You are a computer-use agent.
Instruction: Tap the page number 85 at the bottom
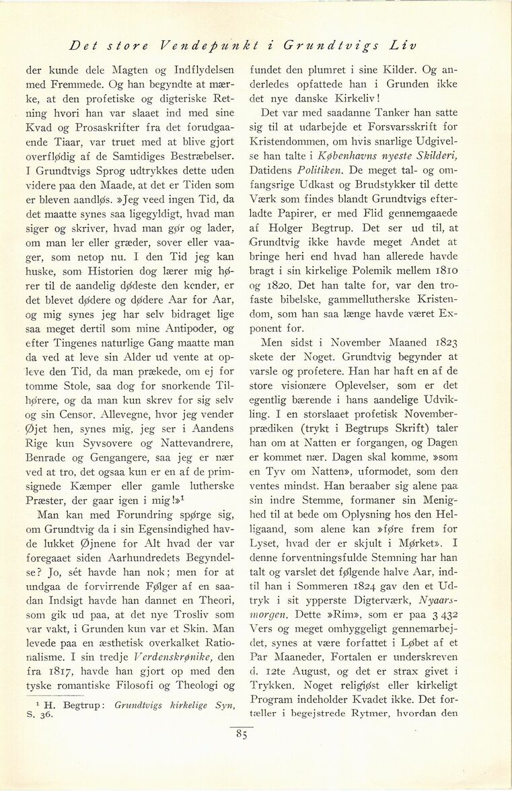pos(242,735)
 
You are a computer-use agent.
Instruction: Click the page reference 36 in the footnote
pos(48,715)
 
